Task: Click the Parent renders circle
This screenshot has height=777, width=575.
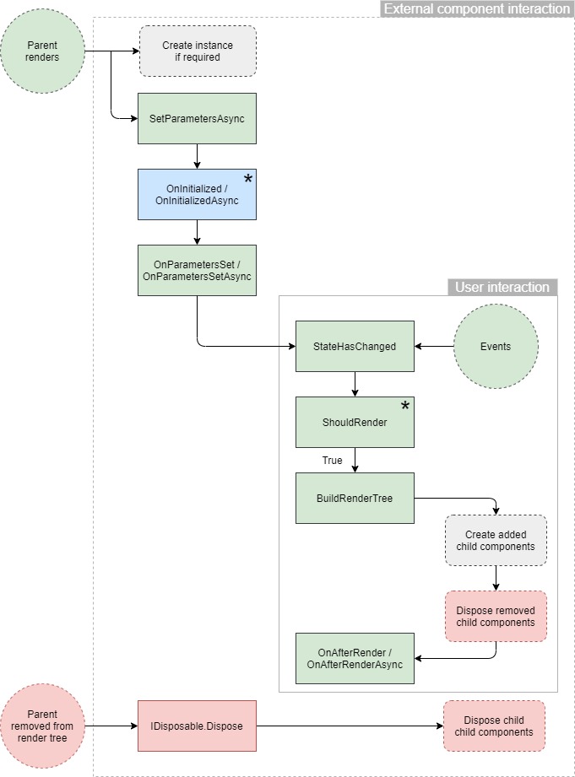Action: point(42,51)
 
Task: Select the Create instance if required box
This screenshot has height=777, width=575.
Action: point(197,51)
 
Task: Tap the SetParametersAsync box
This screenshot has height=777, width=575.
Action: point(197,119)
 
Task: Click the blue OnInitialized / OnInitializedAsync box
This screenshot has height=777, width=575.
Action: point(197,194)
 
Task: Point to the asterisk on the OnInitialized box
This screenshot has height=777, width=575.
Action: point(248,180)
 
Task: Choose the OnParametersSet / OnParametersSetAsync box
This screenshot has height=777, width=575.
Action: point(197,271)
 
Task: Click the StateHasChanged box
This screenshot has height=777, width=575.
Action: point(355,346)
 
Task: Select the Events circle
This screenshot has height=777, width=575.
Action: point(496,346)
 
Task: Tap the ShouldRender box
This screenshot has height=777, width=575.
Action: point(355,422)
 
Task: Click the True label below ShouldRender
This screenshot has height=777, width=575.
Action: point(332,461)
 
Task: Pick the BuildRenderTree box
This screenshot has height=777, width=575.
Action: point(355,498)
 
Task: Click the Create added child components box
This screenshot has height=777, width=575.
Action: point(496,540)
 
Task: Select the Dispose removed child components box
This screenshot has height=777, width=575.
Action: point(496,616)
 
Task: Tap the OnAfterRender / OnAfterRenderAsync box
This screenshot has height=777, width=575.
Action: point(355,658)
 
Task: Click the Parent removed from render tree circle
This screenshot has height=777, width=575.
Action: point(42,726)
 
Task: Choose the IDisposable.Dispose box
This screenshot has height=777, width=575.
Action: point(197,726)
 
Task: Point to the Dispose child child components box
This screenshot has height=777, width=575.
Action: point(494,726)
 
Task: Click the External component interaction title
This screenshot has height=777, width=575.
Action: point(476,9)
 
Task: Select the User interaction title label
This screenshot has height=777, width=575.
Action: point(502,288)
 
